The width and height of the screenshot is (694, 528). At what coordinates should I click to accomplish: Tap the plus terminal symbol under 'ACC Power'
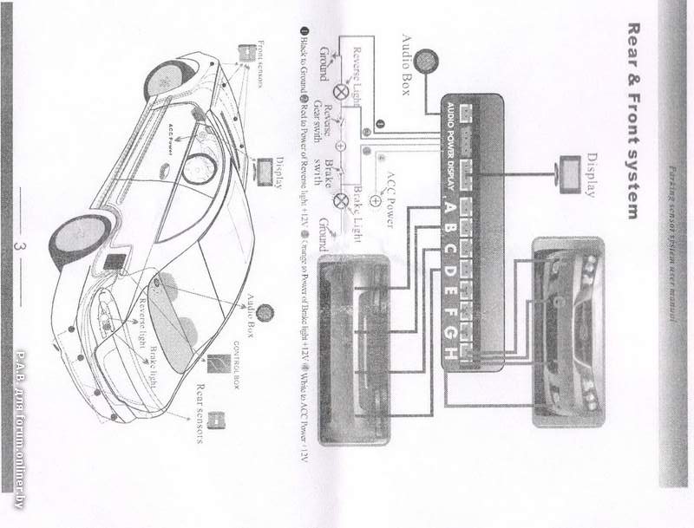click(x=375, y=199)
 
